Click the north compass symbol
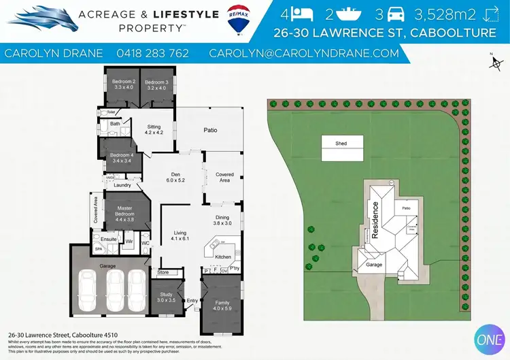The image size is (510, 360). [494, 62]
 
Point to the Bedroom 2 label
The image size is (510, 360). [121, 85]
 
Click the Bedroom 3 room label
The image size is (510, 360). [155, 85]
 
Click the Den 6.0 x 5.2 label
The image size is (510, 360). [176, 176]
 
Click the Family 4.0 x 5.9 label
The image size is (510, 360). [222, 306]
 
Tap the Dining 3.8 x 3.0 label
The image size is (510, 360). [223, 220]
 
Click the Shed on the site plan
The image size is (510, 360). [341, 145]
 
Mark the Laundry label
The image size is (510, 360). [122, 184]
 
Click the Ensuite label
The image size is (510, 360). [108, 240]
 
